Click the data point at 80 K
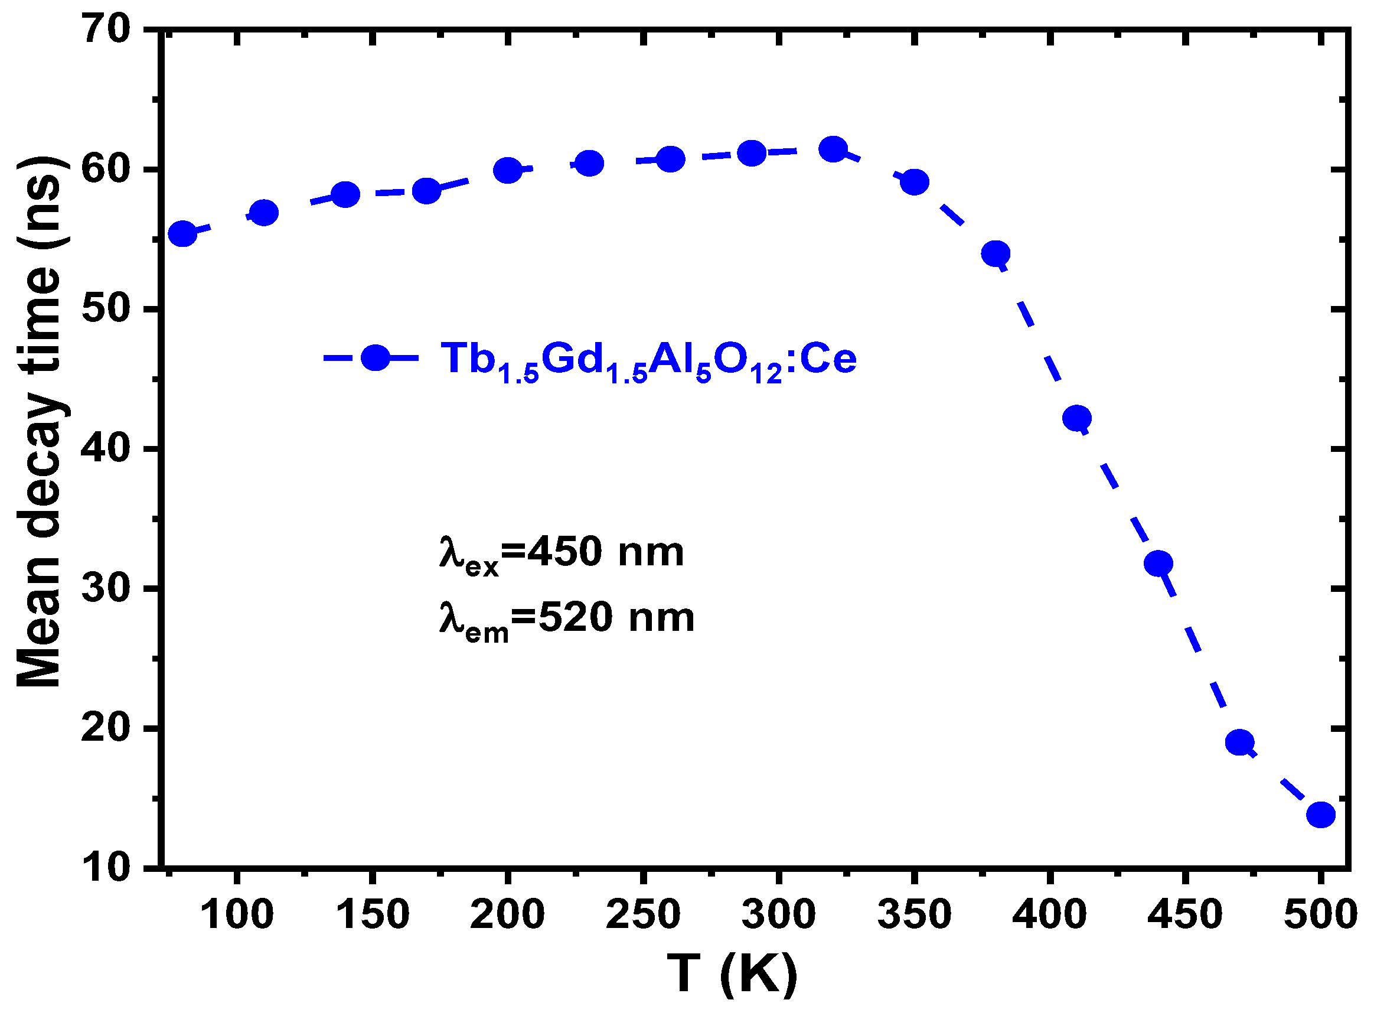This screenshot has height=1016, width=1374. [x=182, y=233]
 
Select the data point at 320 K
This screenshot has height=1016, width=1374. [x=833, y=149]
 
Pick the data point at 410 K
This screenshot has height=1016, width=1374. [x=1077, y=418]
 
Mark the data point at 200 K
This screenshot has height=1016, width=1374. [x=508, y=170]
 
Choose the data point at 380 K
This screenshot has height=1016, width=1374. [x=996, y=253]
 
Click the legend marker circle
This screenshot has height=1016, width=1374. [x=375, y=357]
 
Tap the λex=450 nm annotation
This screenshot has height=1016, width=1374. [x=562, y=554]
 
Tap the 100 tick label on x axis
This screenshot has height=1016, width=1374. [x=237, y=914]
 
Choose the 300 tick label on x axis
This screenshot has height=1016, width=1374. [x=778, y=914]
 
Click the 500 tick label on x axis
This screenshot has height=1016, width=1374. [x=1320, y=914]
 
